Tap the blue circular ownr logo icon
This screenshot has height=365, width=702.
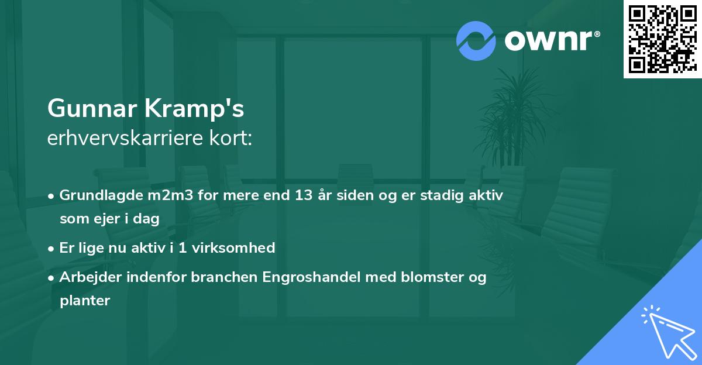476,41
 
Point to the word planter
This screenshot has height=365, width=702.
85,301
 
